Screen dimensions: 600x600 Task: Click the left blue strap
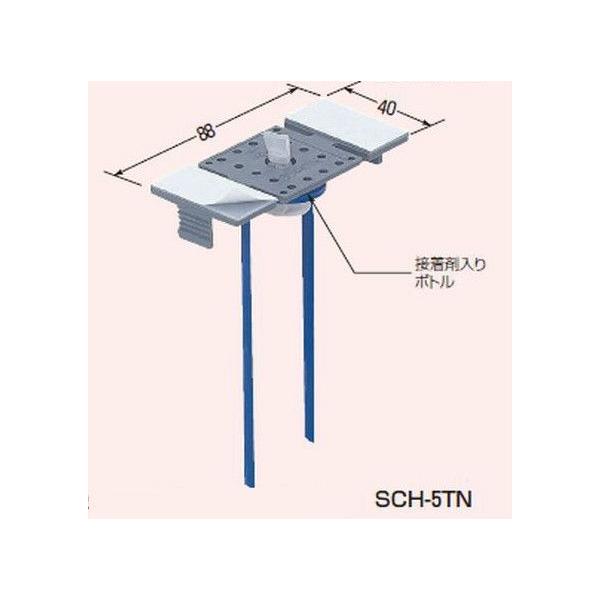243,340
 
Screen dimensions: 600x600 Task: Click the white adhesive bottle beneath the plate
291,210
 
